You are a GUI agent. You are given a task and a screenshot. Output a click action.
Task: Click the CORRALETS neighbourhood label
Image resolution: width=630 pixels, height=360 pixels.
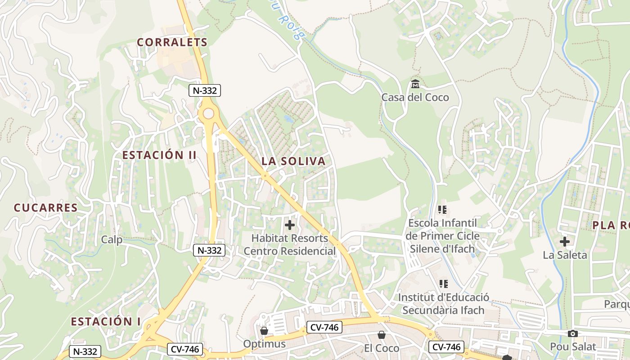[x=172, y=42]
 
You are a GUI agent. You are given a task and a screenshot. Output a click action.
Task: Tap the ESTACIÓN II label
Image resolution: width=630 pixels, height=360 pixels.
[x=159, y=155]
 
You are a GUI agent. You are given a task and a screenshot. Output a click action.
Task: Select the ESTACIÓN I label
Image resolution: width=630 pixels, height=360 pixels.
[x=106, y=322]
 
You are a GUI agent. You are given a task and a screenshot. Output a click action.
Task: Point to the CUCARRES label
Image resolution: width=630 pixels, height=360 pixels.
[x=45, y=208]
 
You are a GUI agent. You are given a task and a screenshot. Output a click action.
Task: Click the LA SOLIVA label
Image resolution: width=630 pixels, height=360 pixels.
[x=293, y=161]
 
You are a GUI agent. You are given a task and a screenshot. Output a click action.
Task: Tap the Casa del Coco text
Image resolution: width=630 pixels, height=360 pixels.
[x=415, y=97]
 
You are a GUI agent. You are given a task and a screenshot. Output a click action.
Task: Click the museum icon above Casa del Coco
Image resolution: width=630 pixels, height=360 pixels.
[x=415, y=84]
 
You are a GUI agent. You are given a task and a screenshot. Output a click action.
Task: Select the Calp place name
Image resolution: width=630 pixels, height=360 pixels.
[x=112, y=239]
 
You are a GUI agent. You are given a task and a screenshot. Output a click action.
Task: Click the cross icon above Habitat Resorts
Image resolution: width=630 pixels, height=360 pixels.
[x=290, y=225]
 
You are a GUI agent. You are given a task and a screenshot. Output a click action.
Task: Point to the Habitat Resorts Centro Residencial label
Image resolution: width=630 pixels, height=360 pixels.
[x=290, y=244]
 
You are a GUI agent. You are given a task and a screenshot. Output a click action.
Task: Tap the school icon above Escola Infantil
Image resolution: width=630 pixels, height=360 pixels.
[x=443, y=210]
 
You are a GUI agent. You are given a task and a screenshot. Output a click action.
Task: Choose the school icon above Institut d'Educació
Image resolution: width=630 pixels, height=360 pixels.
[x=444, y=284]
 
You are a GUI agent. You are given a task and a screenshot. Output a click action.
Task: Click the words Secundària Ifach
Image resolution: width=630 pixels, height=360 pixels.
[x=443, y=310]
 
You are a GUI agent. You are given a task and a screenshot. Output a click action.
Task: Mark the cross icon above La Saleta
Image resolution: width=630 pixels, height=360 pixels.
[x=565, y=242]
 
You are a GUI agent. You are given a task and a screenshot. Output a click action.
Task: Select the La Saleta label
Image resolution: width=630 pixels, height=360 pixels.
[x=565, y=255]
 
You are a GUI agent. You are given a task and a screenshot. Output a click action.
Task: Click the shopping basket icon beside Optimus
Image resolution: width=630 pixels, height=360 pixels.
[x=264, y=331]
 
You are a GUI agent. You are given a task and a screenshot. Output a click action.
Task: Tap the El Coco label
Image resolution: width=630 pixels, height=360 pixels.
[x=382, y=348]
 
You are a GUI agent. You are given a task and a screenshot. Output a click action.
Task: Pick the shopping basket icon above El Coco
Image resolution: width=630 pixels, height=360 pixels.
[x=382, y=335]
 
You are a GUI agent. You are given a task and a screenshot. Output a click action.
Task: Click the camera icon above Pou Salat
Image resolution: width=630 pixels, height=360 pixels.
[x=573, y=333]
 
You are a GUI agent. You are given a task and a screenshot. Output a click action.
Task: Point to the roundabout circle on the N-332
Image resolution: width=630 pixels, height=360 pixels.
[x=208, y=113]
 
